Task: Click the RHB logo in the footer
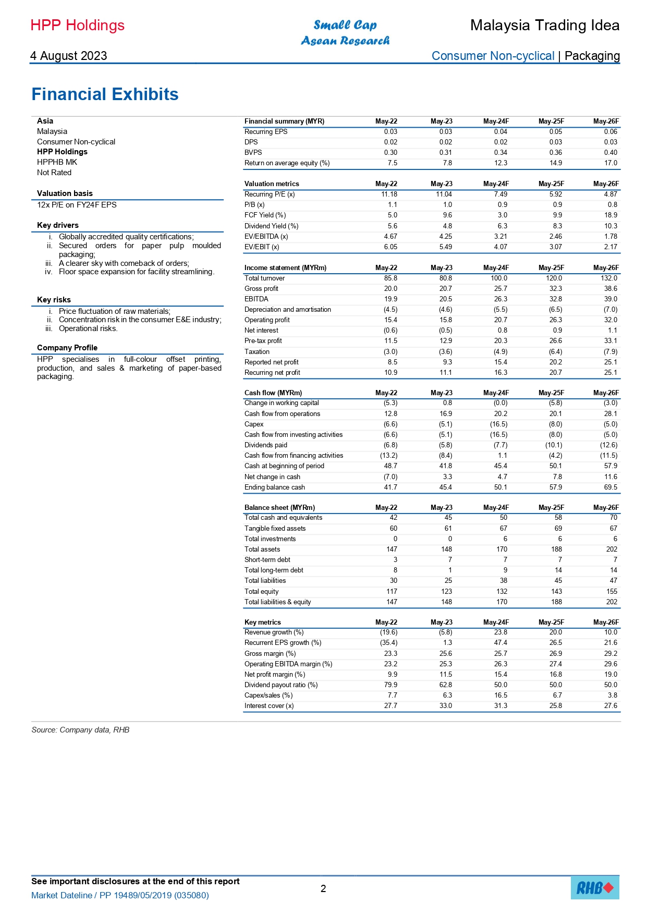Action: tap(595, 887)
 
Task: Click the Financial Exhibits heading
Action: tap(105, 94)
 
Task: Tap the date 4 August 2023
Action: tap(68, 56)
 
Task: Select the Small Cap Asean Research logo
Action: tap(345, 32)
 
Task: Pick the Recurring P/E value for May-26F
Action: tap(610, 194)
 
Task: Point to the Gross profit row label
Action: tap(261, 289)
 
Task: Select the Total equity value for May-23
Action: tap(446, 592)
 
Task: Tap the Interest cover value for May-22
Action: tap(390, 706)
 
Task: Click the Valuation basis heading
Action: tap(65, 193)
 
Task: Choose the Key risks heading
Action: tap(54, 300)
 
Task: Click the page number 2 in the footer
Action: tap(323, 888)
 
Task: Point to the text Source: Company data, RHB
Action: tap(80, 730)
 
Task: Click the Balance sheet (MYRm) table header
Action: tap(279, 508)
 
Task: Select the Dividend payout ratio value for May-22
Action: tap(390, 685)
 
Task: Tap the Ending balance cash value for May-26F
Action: tap(611, 487)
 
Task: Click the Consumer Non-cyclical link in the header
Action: tap(493, 56)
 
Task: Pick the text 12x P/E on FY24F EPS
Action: tap(77, 205)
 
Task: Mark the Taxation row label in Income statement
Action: tap(257, 352)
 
